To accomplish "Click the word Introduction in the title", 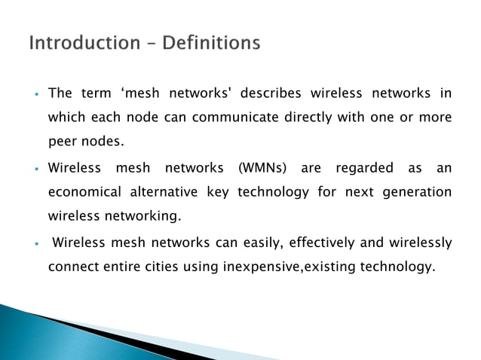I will point(82,43).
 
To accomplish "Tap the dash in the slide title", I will point(148,44).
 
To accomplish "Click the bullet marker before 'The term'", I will point(36,95).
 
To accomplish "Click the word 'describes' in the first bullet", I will point(274,93).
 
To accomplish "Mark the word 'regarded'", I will point(364,168).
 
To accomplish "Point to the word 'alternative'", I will point(170,192).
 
